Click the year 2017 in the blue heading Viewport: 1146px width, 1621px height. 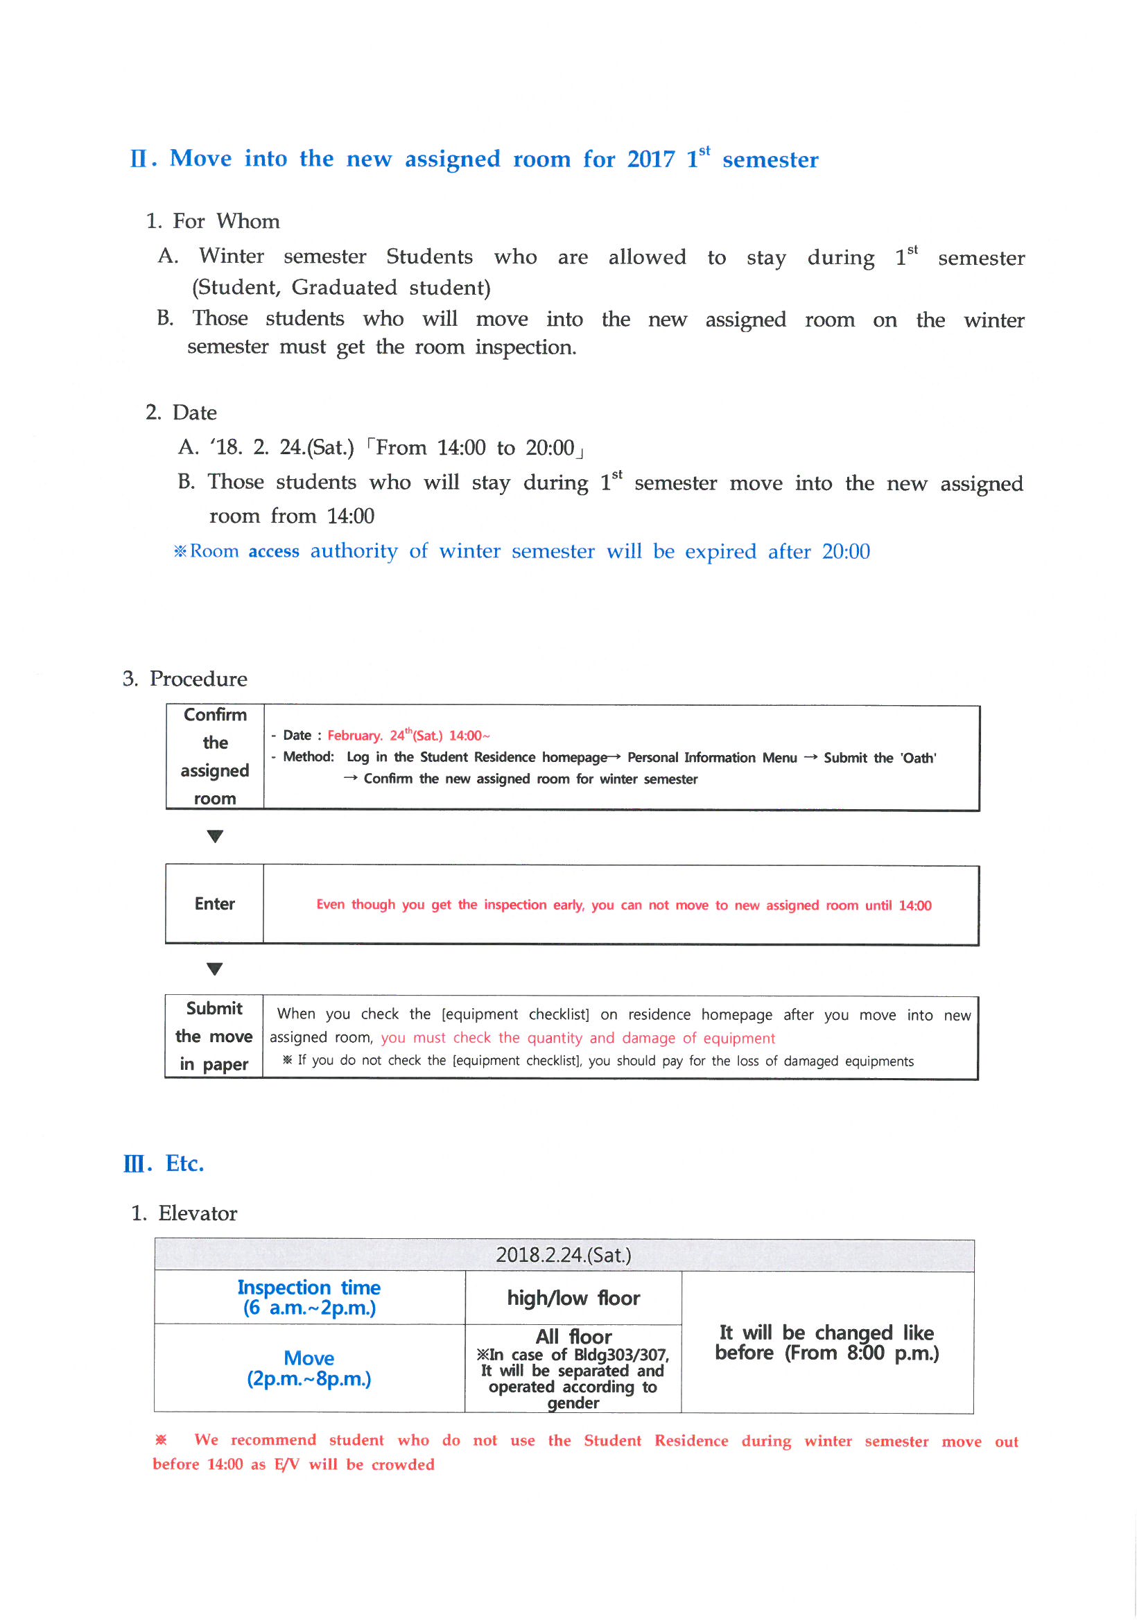(x=650, y=159)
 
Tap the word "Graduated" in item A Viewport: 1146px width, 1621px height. (x=344, y=287)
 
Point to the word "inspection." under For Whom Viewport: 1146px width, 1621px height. (x=526, y=347)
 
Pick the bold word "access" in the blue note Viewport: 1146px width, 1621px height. (x=273, y=551)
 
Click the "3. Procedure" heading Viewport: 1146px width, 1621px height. (x=185, y=679)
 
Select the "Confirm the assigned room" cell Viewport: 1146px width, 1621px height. (x=215, y=756)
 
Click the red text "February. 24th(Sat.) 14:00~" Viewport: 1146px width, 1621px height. (x=408, y=735)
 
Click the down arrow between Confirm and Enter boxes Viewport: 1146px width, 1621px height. (x=215, y=836)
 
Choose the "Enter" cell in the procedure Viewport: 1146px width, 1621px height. (x=215, y=903)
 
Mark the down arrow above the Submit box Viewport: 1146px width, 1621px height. (x=215, y=969)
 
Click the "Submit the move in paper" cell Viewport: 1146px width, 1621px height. (x=214, y=1036)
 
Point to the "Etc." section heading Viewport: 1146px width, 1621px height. (x=184, y=1163)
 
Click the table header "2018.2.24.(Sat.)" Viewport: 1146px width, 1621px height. (x=563, y=1255)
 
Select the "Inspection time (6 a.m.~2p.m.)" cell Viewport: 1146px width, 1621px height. (x=309, y=1297)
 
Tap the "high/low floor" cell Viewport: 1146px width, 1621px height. (x=573, y=1298)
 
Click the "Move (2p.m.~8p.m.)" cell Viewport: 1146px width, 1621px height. (x=309, y=1367)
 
